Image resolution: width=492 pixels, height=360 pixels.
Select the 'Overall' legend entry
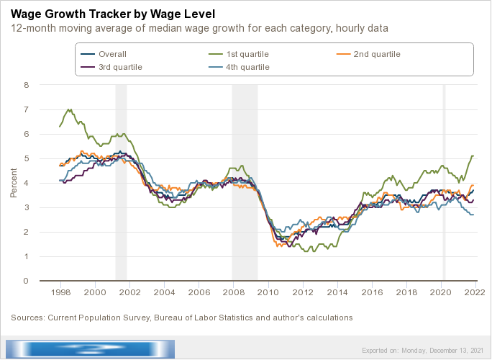(x=112, y=54)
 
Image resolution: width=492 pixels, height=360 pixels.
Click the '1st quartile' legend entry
(x=247, y=54)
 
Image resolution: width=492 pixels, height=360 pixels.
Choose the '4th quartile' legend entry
(x=248, y=67)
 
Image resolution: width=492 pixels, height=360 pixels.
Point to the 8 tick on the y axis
(x=26, y=85)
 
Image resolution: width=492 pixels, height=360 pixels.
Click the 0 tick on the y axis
(x=26, y=281)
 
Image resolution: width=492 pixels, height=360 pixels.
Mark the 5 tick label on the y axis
(x=26, y=158)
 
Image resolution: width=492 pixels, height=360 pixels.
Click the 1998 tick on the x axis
(x=60, y=293)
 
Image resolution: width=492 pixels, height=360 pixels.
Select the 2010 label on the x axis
(x=268, y=293)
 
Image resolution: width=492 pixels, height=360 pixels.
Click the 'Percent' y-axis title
(x=13, y=183)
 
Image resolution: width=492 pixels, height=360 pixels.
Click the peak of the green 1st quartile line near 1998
(x=69, y=110)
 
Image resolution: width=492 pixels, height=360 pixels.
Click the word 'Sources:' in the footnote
(x=27, y=317)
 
